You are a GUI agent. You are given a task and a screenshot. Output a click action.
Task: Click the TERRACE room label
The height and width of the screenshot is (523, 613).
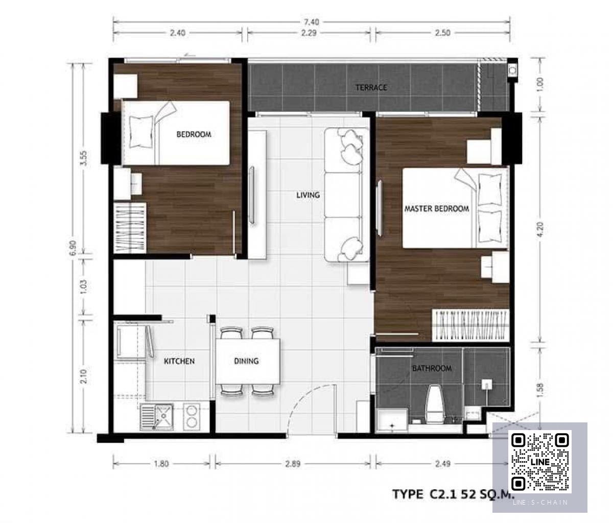pos(371,87)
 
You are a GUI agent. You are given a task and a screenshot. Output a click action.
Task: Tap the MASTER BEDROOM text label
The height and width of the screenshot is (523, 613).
pos(437,209)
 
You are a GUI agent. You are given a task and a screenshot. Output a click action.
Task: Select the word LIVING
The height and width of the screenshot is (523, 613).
pos(308,195)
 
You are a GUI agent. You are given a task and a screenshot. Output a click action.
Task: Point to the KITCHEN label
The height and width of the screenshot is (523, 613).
pos(179,361)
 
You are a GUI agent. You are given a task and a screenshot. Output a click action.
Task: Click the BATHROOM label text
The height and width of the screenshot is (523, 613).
pos(432,368)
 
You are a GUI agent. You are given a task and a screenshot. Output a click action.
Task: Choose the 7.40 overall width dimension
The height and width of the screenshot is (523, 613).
pos(312,22)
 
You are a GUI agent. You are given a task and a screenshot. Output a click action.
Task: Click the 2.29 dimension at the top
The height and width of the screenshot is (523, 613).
pos(309,33)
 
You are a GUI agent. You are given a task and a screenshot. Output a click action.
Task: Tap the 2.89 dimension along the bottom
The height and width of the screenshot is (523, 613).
pos(293,463)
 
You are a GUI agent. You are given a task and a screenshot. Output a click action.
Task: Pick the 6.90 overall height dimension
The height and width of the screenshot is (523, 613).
pos(74,248)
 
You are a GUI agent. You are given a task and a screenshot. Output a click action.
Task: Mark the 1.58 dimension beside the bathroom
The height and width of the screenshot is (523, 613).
pos(540,391)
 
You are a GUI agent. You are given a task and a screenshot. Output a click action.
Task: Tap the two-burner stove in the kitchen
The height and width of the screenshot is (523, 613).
pos(192,417)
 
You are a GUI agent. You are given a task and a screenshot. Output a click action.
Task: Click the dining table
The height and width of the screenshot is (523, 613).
pos(248,362)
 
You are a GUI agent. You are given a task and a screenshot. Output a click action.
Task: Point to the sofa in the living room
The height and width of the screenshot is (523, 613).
pos(347,195)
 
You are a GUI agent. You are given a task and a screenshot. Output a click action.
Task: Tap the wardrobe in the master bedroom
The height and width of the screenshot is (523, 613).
pos(470,325)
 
